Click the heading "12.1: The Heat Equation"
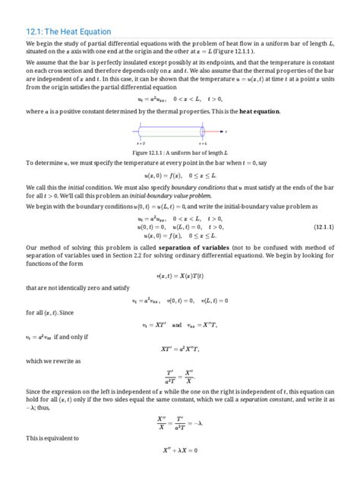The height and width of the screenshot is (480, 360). (x=69, y=32)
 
